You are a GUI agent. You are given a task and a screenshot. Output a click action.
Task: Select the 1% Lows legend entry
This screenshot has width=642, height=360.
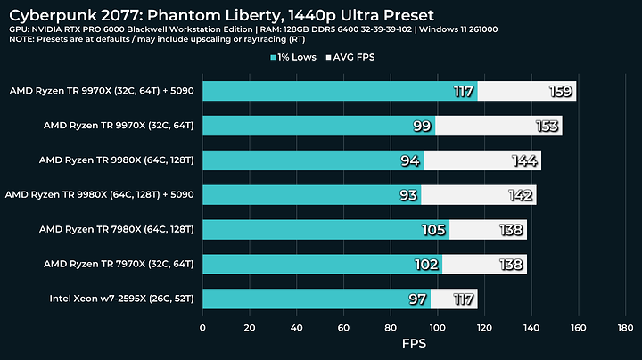coord(301,58)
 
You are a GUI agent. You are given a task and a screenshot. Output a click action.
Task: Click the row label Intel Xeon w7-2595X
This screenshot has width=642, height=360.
coord(123,299)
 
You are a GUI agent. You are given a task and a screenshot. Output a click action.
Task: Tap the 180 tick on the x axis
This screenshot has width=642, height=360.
coord(624,327)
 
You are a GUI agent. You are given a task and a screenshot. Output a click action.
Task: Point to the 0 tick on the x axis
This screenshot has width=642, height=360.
coord(203,327)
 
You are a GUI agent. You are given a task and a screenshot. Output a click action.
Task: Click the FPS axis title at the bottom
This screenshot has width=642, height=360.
coord(414,344)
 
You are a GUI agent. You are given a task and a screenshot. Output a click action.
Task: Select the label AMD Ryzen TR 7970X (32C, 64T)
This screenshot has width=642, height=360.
coord(123,264)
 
